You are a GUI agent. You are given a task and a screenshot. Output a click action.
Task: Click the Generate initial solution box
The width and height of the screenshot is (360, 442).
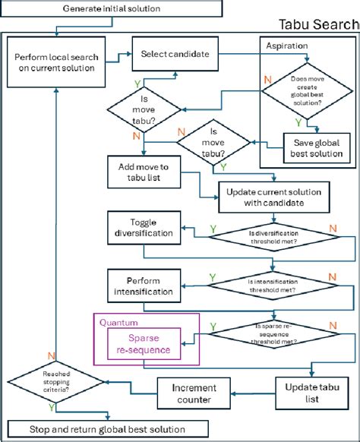pyautogui.click(x=112, y=8)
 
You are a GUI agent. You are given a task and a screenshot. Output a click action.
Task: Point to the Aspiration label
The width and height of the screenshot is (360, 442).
pyautogui.click(x=288, y=46)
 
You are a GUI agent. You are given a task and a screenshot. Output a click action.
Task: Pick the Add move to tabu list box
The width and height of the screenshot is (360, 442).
pyautogui.click(x=143, y=172)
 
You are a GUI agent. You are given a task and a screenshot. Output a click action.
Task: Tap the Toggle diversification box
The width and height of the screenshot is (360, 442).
pyautogui.click(x=143, y=228)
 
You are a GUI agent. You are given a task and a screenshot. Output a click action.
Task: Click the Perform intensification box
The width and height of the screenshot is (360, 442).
pyautogui.click(x=143, y=285)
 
